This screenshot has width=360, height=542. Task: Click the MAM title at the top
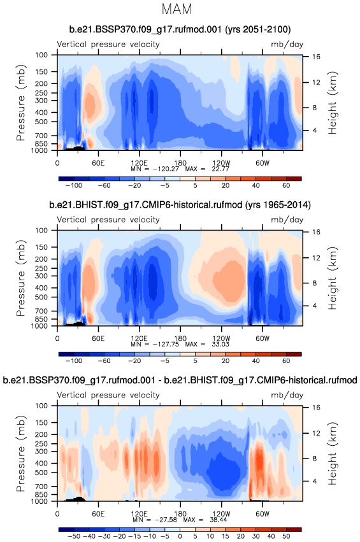point(176,9)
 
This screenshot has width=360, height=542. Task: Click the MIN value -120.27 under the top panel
point(168,169)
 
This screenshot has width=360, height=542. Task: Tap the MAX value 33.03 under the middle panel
point(220,345)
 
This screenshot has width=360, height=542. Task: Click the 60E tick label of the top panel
point(98,163)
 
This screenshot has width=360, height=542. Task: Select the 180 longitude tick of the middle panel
point(180,338)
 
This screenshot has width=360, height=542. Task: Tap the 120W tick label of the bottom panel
point(221,514)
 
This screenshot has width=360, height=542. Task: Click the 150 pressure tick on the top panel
point(41,71)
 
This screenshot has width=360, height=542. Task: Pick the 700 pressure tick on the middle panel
point(41,311)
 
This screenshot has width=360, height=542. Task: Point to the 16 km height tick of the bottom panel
point(316,407)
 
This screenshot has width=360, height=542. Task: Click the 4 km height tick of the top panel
point(315,131)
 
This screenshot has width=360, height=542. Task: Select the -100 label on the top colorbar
point(74,185)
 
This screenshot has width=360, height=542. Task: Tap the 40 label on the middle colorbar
point(256,361)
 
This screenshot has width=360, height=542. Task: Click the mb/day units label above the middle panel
point(287,220)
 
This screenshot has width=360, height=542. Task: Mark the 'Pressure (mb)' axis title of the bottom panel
point(21,453)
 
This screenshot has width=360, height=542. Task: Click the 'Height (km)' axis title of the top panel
point(333,103)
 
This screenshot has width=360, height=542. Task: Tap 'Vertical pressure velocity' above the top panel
point(108,45)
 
